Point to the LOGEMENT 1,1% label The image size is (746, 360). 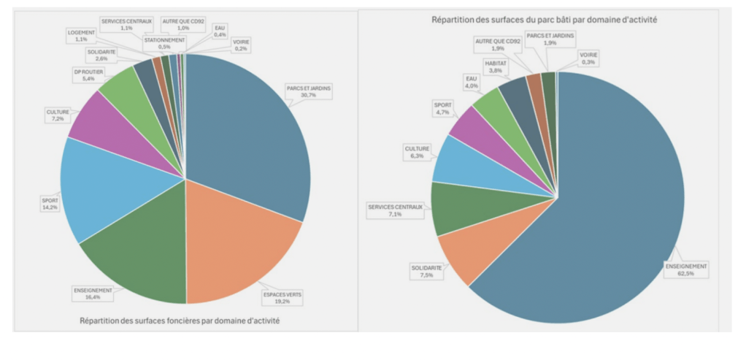pos(81,36)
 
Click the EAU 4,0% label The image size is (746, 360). pos(472,82)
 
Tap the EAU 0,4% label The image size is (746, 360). pos(219,31)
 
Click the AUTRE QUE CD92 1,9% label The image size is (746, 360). pos(499,45)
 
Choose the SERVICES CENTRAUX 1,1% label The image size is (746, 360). pos(126,23)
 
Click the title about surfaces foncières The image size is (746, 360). pos(182,320)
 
